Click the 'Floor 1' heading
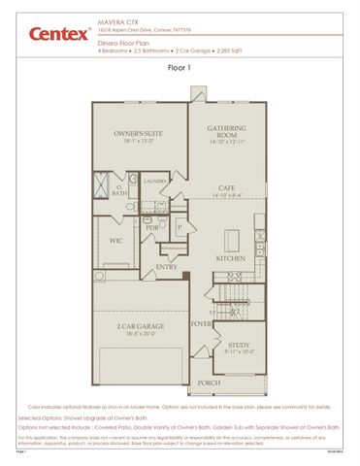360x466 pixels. tap(180, 69)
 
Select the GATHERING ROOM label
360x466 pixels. tap(226, 131)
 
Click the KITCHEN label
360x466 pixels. tap(230, 259)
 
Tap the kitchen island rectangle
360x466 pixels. tap(233, 238)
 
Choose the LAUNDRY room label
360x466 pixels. tap(156, 181)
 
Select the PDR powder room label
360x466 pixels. tap(152, 228)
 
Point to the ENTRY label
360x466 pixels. tap(166, 267)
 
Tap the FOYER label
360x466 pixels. tap(201, 323)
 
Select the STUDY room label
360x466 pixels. tap(239, 344)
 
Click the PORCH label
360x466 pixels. tap(209, 382)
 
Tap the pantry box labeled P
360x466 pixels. tap(180, 229)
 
